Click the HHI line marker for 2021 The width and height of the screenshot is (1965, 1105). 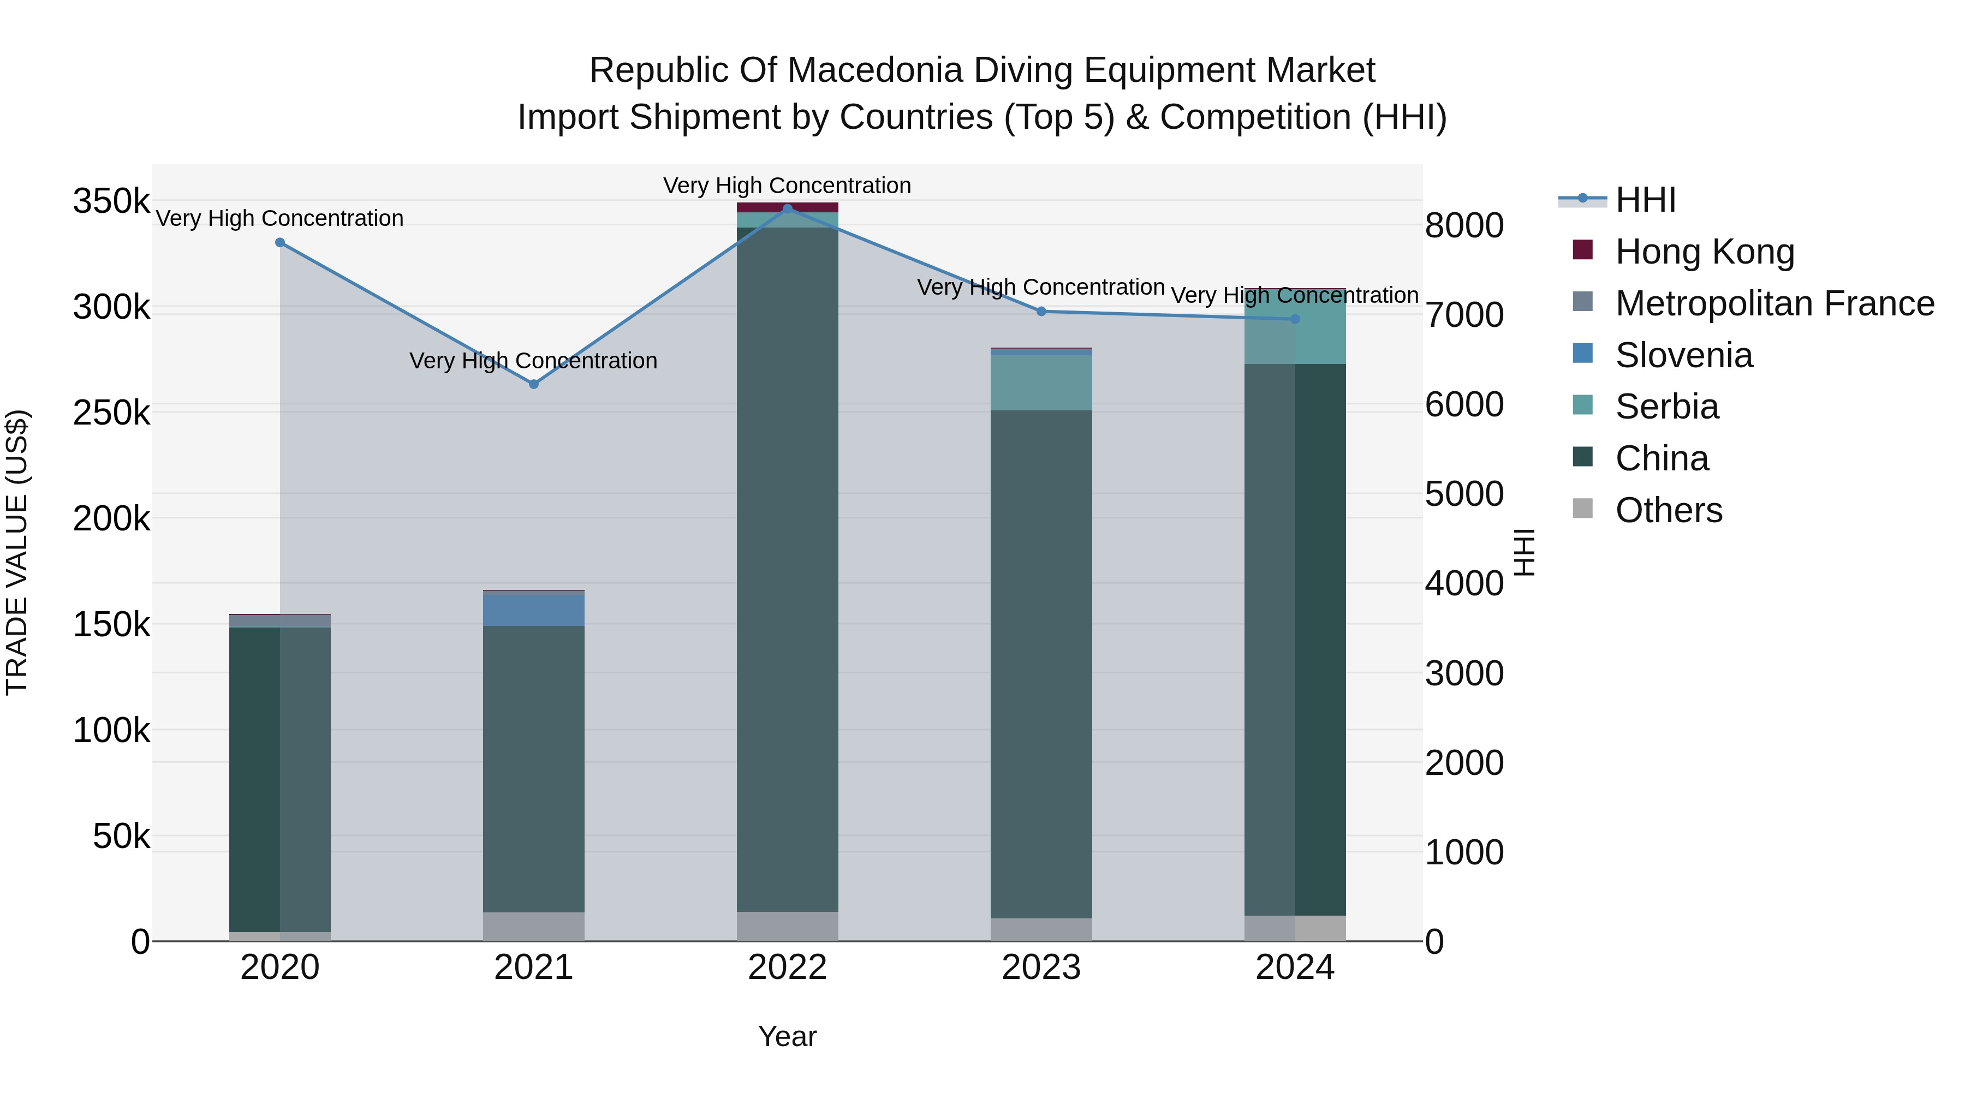tap(533, 384)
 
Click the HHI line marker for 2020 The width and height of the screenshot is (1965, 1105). tap(280, 242)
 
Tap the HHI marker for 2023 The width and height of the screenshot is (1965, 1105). tap(1041, 311)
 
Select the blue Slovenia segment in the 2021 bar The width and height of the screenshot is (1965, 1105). tap(533, 610)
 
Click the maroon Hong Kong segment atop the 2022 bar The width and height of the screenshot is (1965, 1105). tap(787, 207)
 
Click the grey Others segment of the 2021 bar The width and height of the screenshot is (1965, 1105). tap(533, 927)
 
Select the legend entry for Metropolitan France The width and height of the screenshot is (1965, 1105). tap(1775, 303)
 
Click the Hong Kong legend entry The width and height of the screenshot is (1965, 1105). tap(1704, 252)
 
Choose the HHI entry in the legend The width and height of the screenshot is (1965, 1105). tap(1645, 200)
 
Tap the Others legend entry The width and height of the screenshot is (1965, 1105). tap(1668, 510)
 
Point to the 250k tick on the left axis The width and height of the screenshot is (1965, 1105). tap(111, 413)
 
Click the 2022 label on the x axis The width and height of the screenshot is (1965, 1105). tap(787, 967)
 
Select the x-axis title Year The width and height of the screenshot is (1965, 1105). tap(787, 1036)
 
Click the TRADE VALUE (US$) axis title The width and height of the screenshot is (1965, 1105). tap(17, 552)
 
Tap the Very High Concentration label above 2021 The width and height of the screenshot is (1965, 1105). tap(533, 361)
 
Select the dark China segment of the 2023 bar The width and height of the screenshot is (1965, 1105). tap(1041, 664)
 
